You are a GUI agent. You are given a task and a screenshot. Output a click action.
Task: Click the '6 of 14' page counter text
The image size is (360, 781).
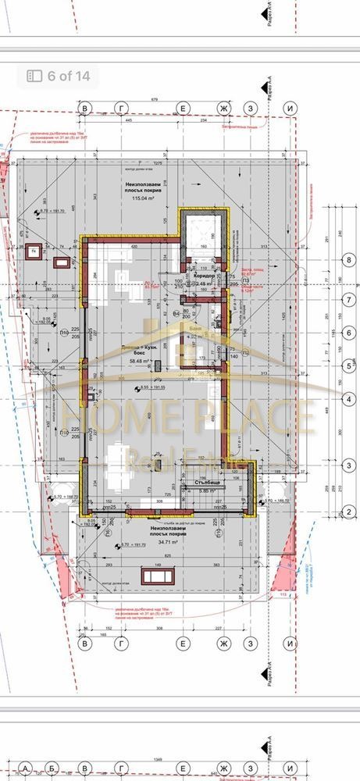tap(68, 76)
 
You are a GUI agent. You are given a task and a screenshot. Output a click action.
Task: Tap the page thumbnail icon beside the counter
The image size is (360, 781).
tap(34, 76)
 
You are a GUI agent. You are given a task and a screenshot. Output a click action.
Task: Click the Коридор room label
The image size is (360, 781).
tap(204, 276)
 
